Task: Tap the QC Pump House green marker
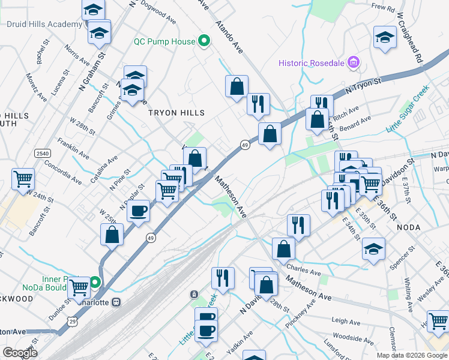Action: [204, 42]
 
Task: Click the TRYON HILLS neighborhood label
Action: [177, 113]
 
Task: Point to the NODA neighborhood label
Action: [410, 228]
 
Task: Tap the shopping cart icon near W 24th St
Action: [23, 178]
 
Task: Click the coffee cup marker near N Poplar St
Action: [139, 211]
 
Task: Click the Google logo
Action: [19, 353]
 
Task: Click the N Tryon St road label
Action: [364, 86]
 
